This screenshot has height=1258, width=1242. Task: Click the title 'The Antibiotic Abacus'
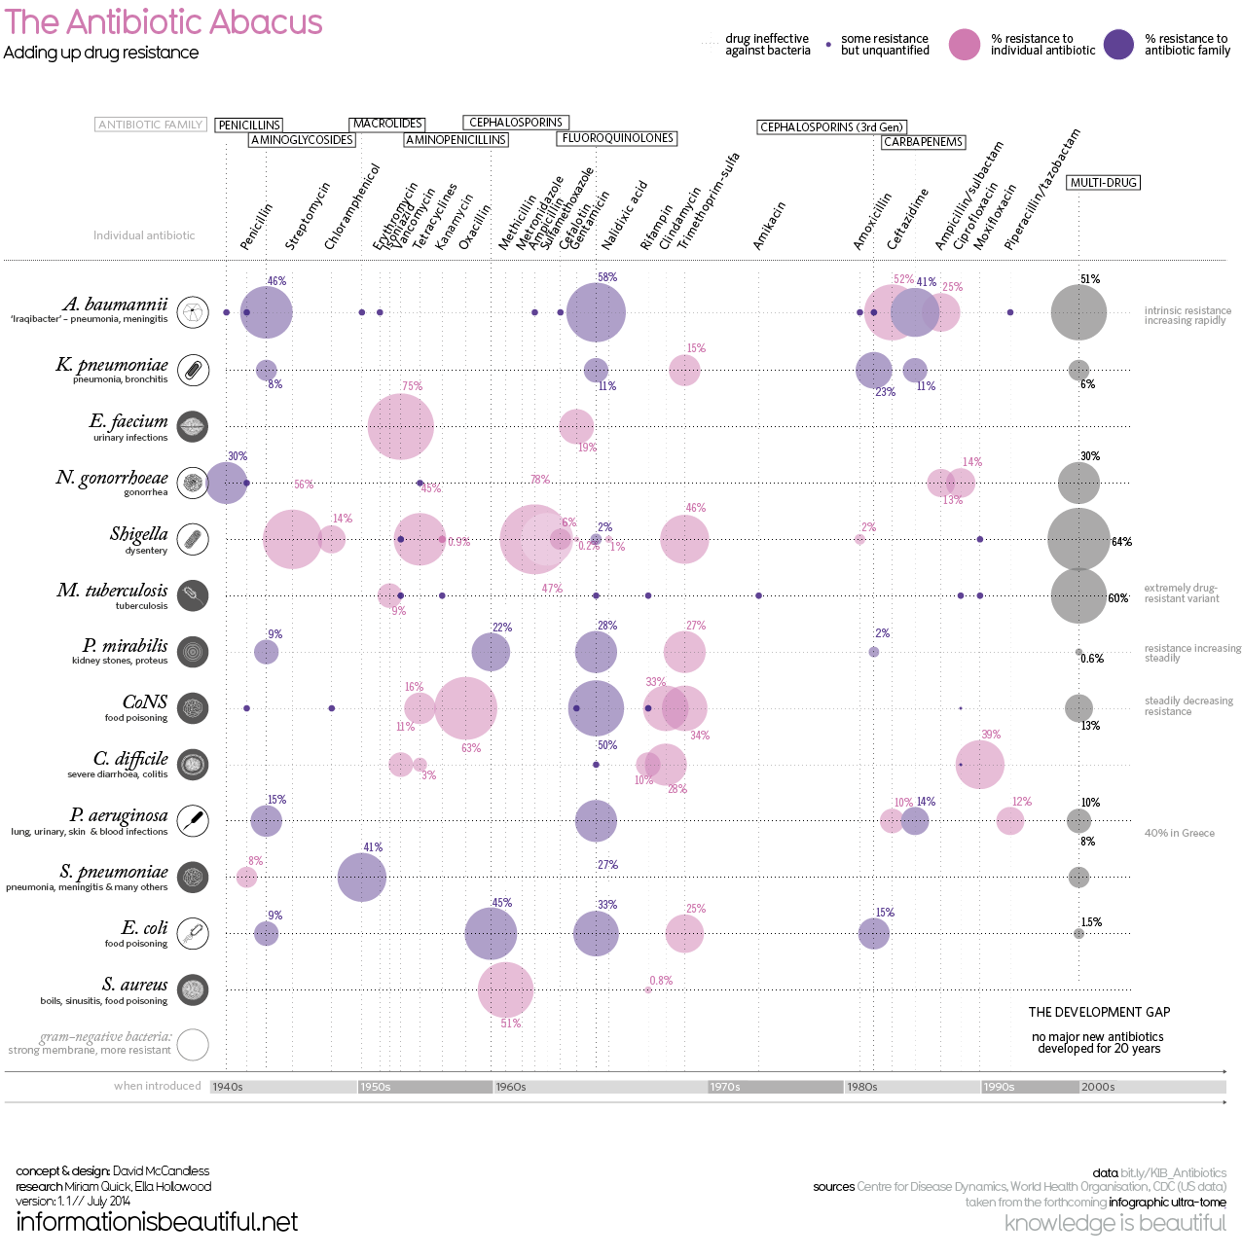tap(164, 22)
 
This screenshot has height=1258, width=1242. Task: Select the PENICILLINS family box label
tap(249, 125)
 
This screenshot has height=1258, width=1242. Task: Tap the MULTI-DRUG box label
tap(1103, 183)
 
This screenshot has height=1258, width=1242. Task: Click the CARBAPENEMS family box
tap(923, 142)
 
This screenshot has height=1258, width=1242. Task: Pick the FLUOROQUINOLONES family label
tap(618, 138)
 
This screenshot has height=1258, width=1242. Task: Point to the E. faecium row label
tap(128, 421)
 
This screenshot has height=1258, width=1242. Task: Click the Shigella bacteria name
tap(138, 534)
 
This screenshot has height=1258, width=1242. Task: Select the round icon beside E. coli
tap(194, 933)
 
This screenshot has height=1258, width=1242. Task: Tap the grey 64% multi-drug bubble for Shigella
tap(1078, 539)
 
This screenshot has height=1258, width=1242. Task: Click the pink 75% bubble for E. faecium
tap(400, 426)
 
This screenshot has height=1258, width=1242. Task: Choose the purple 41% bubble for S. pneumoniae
tap(361, 877)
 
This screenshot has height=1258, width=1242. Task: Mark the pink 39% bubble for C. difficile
tap(979, 764)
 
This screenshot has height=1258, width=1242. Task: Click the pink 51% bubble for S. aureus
tap(505, 989)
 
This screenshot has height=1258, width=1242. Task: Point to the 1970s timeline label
tap(725, 1087)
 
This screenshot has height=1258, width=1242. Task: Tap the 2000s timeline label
tap(1098, 1087)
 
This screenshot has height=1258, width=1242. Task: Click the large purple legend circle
tap(1118, 45)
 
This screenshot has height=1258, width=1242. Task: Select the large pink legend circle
tap(964, 45)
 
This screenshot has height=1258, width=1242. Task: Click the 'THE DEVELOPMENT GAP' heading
tap(1099, 1012)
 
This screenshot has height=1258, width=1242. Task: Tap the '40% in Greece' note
tap(1179, 833)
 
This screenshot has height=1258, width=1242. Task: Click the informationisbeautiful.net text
tap(157, 1222)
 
